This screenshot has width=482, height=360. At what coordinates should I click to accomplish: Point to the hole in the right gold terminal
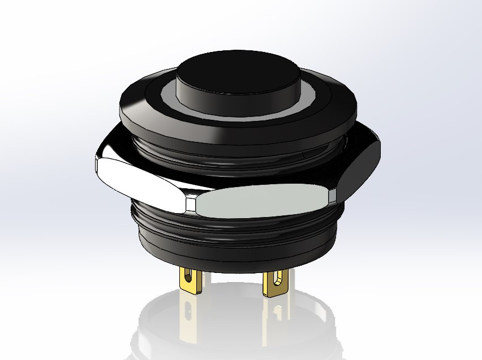click(277, 279)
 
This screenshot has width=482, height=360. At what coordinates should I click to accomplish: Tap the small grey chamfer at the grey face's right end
click(333, 196)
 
